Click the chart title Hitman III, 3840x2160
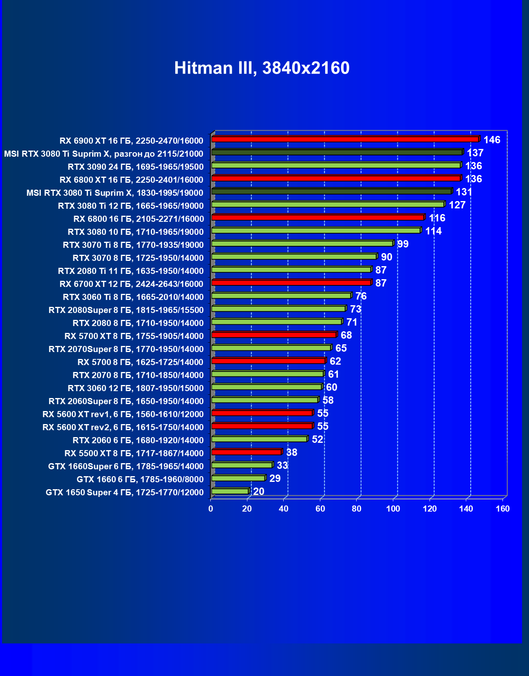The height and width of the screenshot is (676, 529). pos(262,68)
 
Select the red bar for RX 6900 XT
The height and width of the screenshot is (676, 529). pos(345,139)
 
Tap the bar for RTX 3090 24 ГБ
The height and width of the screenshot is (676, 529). pos(336,165)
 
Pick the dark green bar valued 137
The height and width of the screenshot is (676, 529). pos(337,152)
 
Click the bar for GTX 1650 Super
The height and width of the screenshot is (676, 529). pos(230,491)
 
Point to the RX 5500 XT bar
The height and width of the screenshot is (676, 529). pos(246,452)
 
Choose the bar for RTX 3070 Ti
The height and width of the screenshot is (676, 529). pos(302,243)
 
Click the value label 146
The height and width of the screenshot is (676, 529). pos(492,140)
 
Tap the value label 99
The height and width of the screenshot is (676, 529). pos(403,244)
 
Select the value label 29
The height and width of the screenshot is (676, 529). pos(275,479)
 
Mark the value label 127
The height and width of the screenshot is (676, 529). pos(457,205)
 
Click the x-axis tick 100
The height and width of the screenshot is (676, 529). pos(393,509)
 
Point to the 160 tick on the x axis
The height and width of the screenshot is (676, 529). pos(503,509)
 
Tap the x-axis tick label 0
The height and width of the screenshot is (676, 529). pos(211,509)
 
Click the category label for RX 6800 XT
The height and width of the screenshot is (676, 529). pos(131,180)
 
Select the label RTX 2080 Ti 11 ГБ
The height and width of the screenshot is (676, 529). pos(130,271)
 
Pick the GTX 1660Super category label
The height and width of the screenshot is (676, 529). pos(126,466)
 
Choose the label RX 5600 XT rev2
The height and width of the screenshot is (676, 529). pos(123,427)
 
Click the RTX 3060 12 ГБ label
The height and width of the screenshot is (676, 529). pos(135,388)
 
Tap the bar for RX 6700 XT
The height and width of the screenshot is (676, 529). pos(291,282)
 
